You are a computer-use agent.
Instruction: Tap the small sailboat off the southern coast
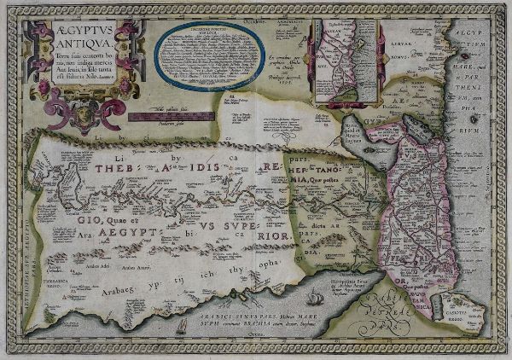(x=180, y=328)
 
